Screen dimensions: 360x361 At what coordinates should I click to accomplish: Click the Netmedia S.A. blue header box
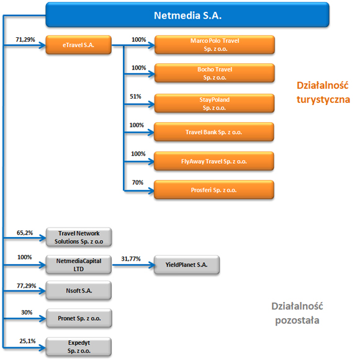[x=187, y=15]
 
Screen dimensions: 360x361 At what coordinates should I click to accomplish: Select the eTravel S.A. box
[x=79, y=45]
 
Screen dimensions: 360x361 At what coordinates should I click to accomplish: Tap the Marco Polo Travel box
[x=215, y=45]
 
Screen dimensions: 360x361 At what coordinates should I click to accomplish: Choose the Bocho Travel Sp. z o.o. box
[x=215, y=73]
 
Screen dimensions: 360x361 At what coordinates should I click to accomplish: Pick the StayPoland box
[x=214, y=104]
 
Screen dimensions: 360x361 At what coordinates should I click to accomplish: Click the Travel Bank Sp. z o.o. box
[x=214, y=132]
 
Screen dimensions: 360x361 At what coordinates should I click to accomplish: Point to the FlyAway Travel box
[x=214, y=161]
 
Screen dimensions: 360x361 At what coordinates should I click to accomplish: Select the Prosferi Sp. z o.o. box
[x=214, y=190]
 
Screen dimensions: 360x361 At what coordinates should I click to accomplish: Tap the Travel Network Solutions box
[x=79, y=238]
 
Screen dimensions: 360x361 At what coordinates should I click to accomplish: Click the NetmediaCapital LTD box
[x=79, y=265]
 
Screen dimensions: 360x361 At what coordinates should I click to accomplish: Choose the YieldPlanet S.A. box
[x=187, y=265]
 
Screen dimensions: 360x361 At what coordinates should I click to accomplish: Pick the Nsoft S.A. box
[x=79, y=290]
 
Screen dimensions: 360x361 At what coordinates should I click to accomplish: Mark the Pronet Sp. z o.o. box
[x=79, y=318]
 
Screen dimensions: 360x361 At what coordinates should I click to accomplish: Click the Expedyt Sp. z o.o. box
[x=79, y=347]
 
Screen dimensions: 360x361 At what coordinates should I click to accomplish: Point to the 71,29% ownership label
[x=25, y=40]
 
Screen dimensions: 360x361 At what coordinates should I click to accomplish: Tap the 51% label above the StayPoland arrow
[x=135, y=97]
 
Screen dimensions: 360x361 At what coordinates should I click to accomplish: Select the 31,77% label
[x=131, y=259]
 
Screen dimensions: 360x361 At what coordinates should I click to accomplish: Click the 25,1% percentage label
[x=28, y=341]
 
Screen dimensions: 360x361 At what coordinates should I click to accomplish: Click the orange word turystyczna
[x=323, y=100]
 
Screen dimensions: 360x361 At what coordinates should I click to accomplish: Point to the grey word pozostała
[x=297, y=320]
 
